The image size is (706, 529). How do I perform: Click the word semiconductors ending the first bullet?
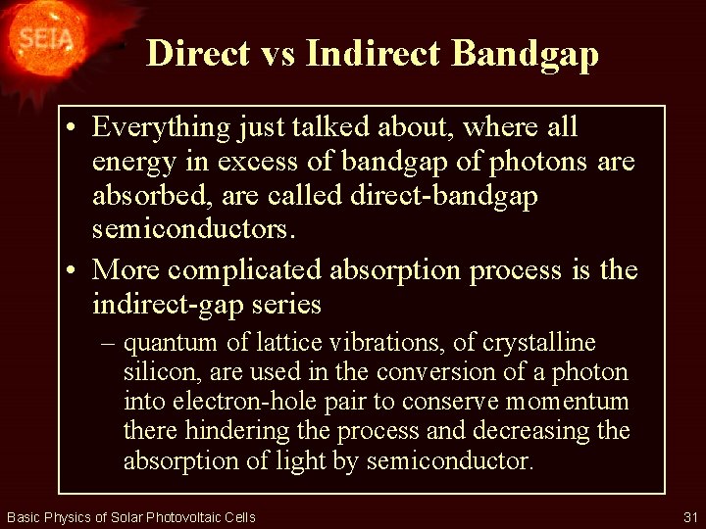tap(191, 231)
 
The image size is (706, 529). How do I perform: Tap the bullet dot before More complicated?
tap(76, 269)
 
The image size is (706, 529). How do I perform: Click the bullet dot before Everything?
tap(76, 127)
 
